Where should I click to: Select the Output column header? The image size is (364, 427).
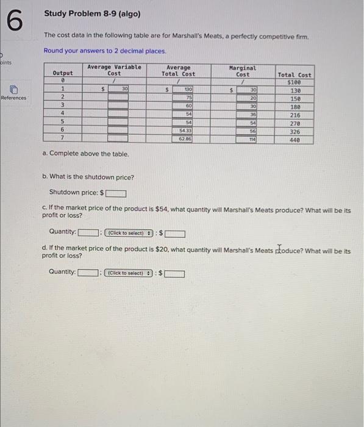(63, 73)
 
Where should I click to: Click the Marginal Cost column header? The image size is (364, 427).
(243, 71)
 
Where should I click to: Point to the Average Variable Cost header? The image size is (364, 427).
(114, 70)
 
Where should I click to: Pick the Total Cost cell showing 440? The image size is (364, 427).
(294, 140)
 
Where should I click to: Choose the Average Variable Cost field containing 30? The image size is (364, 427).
(118, 90)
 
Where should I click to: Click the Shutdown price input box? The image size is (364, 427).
(116, 194)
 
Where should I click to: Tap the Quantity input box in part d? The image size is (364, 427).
(89, 273)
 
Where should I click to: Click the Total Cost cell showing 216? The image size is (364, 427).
(294, 115)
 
